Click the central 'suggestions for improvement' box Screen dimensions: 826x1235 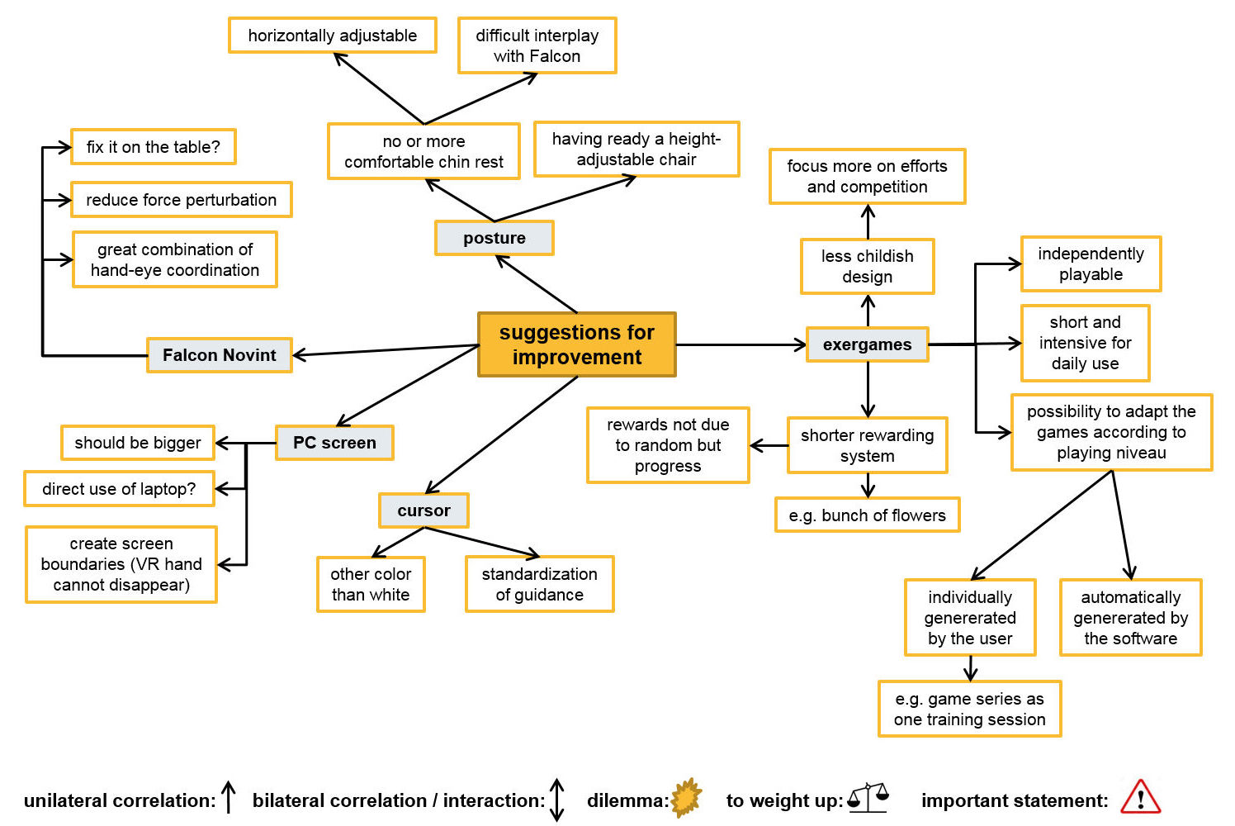pyautogui.click(x=577, y=344)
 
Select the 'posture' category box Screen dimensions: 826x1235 pyautogui.click(x=494, y=238)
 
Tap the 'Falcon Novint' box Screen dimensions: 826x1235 pyautogui.click(x=219, y=355)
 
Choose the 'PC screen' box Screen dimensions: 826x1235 pyautogui.click(x=334, y=443)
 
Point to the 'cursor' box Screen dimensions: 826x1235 pyautogui.click(x=423, y=510)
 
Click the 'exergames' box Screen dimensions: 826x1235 pyautogui.click(x=867, y=344)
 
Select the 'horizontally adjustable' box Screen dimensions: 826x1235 pyautogui.click(x=332, y=36)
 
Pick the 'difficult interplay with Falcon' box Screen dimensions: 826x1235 pyautogui.click(x=537, y=45)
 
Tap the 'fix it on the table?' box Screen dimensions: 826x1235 pyautogui.click(x=154, y=147)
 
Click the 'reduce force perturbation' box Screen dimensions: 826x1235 pyautogui.click(x=181, y=200)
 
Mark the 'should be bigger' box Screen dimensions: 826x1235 pyautogui.click(x=138, y=443)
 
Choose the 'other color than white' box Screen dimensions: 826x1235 pyautogui.click(x=371, y=584)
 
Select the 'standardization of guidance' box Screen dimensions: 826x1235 pyautogui.click(x=539, y=584)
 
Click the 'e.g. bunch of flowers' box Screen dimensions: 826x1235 pyautogui.click(x=867, y=515)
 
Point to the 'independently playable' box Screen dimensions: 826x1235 pyautogui.click(x=1091, y=264)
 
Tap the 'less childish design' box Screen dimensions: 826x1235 pyautogui.click(x=867, y=266)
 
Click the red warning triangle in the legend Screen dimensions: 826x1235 pyautogui.click(x=1140, y=797)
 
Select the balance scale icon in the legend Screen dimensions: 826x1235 pyautogui.click(x=868, y=797)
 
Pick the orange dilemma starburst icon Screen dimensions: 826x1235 pyautogui.click(x=686, y=798)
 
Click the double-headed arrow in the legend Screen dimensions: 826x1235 pyautogui.click(x=557, y=800)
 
